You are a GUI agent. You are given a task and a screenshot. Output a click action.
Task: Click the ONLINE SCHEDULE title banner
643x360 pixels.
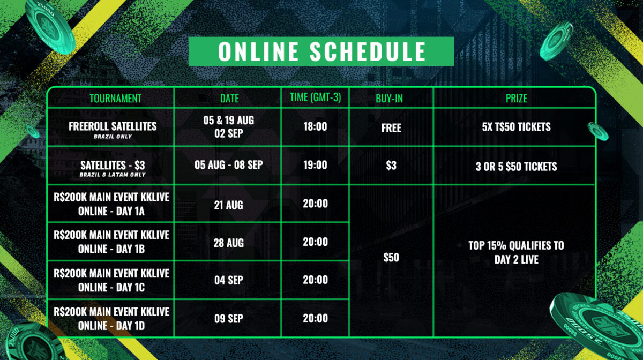tap(321, 51)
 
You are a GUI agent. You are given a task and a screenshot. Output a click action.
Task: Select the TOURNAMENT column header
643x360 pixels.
tap(115, 99)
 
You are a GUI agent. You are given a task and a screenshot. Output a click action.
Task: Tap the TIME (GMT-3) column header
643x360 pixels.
tap(315, 97)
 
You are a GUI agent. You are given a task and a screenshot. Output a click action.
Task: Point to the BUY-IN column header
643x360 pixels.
tap(389, 99)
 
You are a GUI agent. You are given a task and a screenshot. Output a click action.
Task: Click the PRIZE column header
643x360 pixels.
tap(516, 99)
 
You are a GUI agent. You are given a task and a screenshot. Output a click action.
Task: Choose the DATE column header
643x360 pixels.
tap(229, 99)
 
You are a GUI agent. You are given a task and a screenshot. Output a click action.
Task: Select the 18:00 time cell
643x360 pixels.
tap(315, 126)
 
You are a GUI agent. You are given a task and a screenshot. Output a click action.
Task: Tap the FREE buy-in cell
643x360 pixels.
tap(391, 127)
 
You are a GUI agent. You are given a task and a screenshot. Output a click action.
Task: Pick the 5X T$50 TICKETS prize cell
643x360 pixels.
tap(516, 126)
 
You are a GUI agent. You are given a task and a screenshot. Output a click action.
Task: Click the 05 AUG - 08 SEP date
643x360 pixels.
tap(228, 165)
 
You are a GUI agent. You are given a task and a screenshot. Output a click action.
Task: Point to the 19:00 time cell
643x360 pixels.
tap(315, 165)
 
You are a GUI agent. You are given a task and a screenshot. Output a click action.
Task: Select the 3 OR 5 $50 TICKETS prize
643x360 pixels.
tap(516, 166)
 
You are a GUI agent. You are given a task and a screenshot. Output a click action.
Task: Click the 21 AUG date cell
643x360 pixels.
tap(228, 205)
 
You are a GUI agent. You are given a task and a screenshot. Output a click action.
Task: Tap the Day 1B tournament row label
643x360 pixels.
tap(111, 242)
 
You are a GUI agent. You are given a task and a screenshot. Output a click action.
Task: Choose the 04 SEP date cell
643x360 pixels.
tap(228, 280)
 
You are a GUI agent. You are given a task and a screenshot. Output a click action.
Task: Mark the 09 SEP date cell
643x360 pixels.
tap(228, 318)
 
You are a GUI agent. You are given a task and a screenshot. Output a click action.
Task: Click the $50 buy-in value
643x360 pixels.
tap(391, 257)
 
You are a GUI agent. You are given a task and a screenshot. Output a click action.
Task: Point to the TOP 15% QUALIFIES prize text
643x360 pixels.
tap(516, 252)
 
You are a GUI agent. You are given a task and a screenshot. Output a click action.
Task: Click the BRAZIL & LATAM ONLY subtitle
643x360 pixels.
tap(113, 175)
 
